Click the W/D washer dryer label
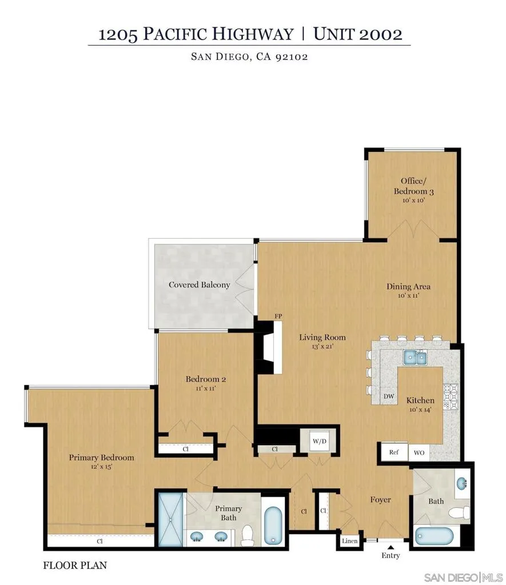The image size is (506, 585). point(319,442)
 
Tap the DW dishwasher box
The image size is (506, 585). point(389,396)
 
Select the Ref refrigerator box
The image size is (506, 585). point(394,452)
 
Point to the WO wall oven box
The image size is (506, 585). point(419,452)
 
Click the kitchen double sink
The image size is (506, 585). point(415,358)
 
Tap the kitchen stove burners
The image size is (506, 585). point(451,396)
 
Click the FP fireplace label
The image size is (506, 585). point(278,316)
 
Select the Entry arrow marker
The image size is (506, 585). point(391,547)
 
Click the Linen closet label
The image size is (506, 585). point(349,541)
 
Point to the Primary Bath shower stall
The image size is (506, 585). point(170,519)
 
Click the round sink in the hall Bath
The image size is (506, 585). point(463,484)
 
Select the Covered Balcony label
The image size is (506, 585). point(200,285)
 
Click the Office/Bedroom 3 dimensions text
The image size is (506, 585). point(414,201)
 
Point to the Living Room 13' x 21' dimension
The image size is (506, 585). point(322,346)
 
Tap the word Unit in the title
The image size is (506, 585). point(334,34)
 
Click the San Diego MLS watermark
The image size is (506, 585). point(464,578)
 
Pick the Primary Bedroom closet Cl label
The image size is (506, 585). point(99,541)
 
